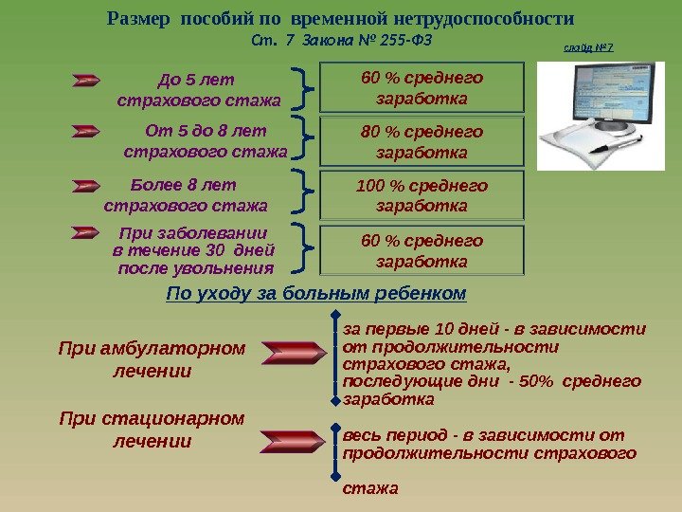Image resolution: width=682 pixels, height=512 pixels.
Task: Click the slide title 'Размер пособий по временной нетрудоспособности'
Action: [341, 19]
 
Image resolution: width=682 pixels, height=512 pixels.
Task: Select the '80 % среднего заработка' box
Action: [422, 141]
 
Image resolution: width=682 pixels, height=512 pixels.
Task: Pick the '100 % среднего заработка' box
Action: [422, 195]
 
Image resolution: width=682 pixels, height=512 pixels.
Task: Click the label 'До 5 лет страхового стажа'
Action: [199, 88]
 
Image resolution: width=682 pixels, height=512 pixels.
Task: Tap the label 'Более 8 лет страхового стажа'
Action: [186, 194]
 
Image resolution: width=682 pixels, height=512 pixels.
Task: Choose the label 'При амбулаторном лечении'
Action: [152, 359]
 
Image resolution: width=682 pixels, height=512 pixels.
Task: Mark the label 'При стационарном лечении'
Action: [152, 429]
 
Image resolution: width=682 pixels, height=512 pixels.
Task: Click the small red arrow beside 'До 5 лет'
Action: [86, 82]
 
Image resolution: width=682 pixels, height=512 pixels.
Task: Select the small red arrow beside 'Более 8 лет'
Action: [86, 186]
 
